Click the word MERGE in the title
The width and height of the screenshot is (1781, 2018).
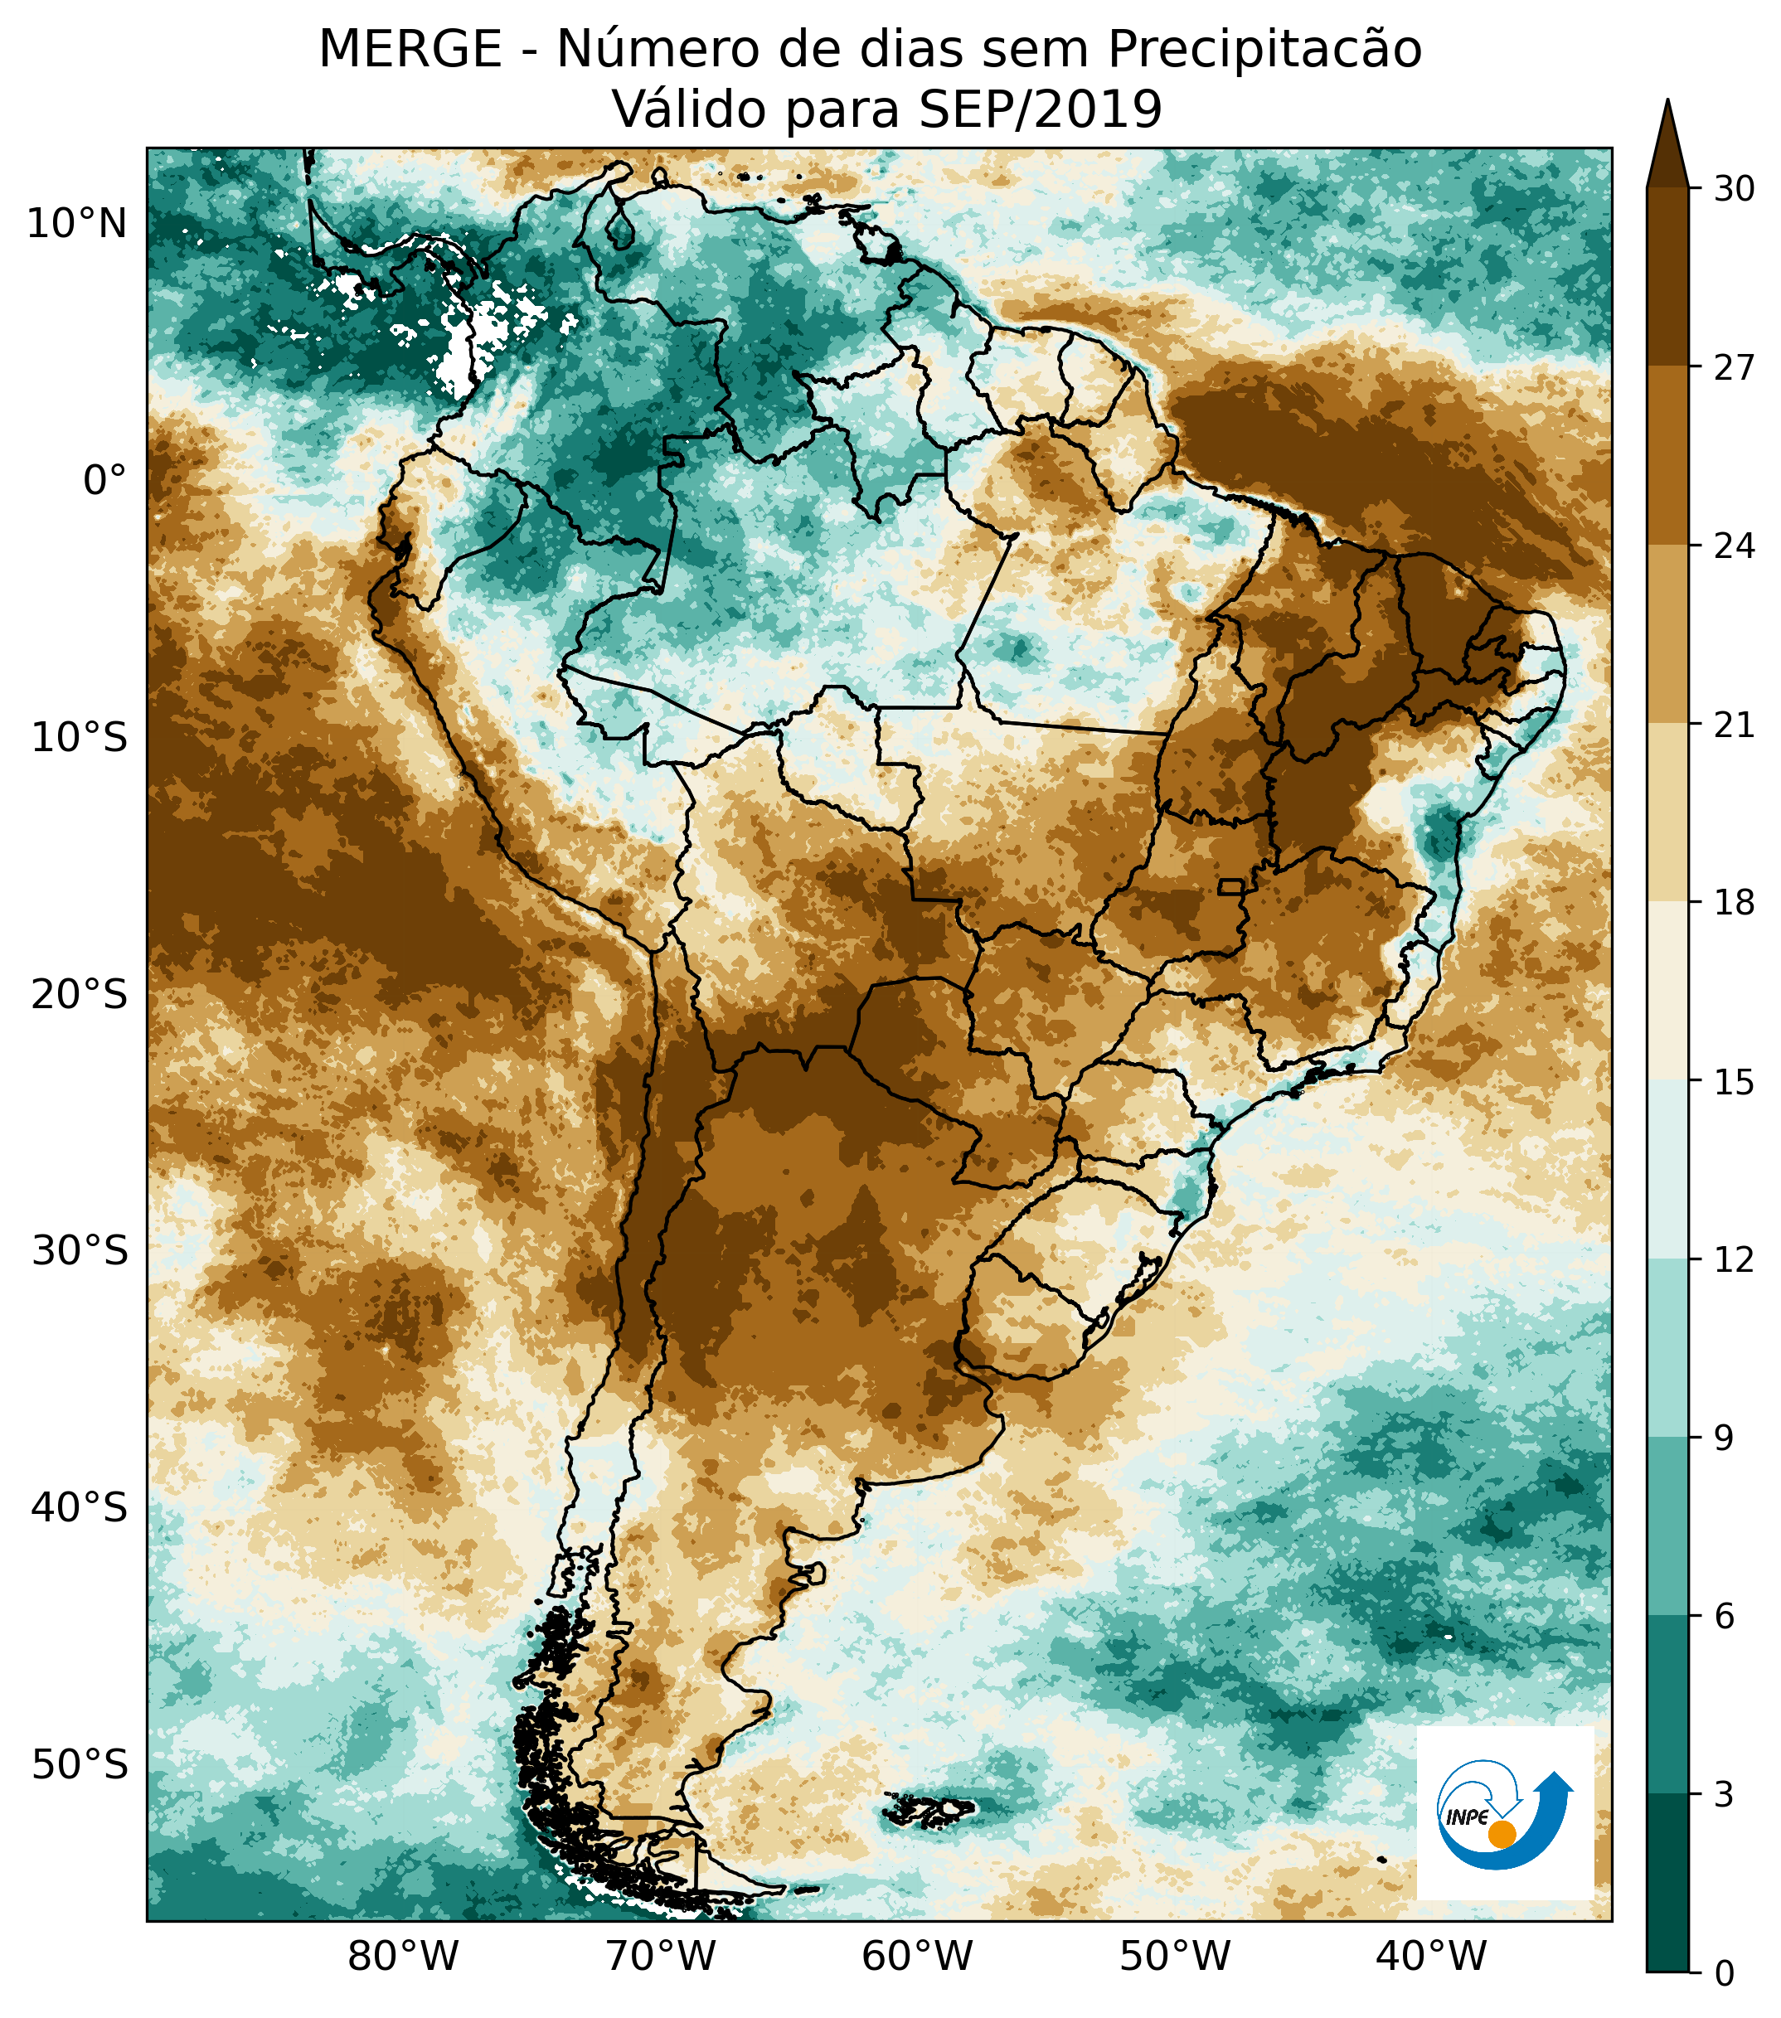click(x=410, y=50)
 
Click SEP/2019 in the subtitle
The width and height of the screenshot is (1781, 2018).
click(x=1040, y=109)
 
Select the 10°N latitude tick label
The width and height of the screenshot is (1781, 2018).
click(x=77, y=224)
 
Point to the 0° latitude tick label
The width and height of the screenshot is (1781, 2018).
click(x=104, y=481)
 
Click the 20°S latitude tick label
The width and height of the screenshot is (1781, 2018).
click(x=79, y=994)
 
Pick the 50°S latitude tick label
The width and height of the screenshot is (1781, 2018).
click(x=79, y=1764)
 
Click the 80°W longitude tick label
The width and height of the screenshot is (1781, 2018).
click(x=404, y=1955)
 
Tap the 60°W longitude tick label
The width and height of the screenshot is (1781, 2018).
click(x=917, y=1955)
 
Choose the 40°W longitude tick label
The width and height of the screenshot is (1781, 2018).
click(x=1430, y=1955)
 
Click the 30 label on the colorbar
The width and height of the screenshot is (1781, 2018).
click(x=1734, y=188)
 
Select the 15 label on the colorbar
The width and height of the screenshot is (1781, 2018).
click(x=1734, y=1083)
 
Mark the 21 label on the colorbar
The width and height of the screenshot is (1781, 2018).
click(x=1734, y=725)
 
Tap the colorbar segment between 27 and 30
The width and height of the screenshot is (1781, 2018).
click(x=1667, y=276)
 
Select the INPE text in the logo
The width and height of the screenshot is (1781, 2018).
click(x=1466, y=1817)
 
